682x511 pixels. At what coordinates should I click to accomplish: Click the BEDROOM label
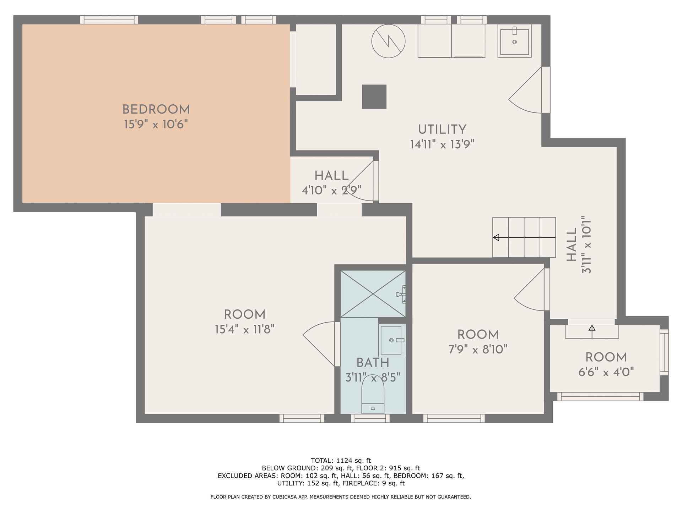tap(156, 109)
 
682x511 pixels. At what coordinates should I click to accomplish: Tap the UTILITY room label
tap(442, 130)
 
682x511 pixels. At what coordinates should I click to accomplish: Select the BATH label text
tap(373, 363)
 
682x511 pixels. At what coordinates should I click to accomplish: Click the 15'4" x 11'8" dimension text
tap(245, 329)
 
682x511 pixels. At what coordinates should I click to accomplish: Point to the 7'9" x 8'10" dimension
tap(478, 350)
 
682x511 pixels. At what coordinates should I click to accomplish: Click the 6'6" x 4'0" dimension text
tap(606, 372)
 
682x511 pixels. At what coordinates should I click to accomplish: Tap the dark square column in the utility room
tap(374, 97)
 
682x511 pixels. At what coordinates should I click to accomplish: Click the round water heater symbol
tap(389, 41)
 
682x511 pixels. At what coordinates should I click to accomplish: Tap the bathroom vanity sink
tap(392, 340)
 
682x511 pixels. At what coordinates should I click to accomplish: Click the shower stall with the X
tap(373, 294)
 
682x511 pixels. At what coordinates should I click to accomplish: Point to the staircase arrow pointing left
tap(524, 237)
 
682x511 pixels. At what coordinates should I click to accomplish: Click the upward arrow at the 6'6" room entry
tap(592, 332)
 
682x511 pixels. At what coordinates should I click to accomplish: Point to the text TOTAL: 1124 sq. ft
tap(341, 461)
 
